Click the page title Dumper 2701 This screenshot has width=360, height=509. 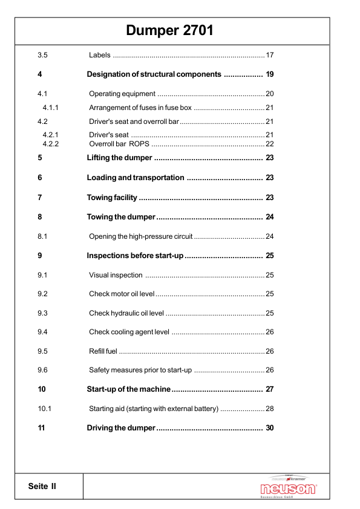(170, 30)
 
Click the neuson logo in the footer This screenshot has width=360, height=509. (288, 488)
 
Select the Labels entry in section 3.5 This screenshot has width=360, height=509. (100, 56)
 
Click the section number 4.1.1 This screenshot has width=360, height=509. (54, 108)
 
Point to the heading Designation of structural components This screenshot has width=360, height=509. (154, 74)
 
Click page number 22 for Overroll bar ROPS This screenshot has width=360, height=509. (270, 144)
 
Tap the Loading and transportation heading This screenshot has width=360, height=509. (136, 178)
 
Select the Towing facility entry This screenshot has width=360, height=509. (112, 198)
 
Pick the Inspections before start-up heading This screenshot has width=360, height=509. (135, 256)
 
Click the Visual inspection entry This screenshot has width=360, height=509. (116, 275)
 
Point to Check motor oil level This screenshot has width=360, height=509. (122, 294)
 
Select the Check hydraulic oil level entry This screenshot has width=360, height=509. (126, 313)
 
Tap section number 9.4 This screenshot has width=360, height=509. (42, 332)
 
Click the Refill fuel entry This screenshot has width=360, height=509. (103, 351)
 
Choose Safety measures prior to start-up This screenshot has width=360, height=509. (140, 370)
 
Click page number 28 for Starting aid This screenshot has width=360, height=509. (270, 409)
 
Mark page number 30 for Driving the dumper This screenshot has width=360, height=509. (270, 428)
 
